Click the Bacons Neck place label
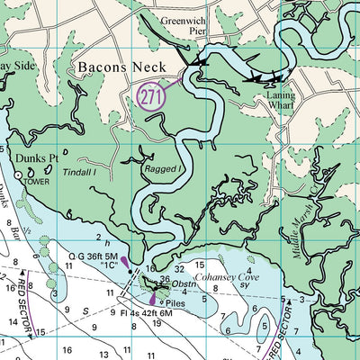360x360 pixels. click(116, 67)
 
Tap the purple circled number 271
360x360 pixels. click(152, 94)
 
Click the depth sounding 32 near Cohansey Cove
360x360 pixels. click(178, 268)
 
